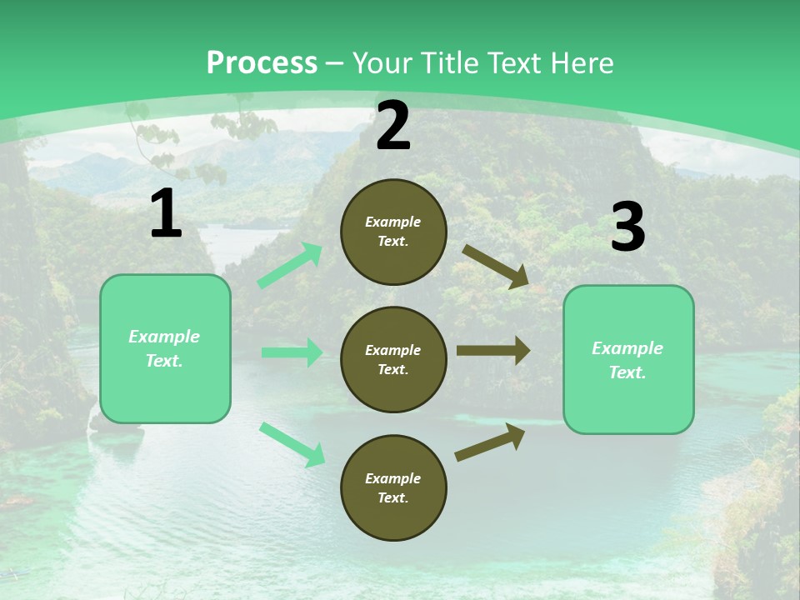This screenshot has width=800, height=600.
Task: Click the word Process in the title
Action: tap(262, 63)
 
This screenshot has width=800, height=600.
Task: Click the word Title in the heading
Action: tap(449, 63)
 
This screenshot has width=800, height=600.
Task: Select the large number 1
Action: tap(166, 214)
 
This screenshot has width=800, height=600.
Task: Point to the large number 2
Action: tap(393, 126)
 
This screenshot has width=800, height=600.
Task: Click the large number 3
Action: tap(627, 227)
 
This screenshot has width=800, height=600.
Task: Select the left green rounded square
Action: tap(165, 348)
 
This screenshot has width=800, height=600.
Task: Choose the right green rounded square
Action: tap(628, 360)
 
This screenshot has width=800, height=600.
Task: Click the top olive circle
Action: tap(393, 232)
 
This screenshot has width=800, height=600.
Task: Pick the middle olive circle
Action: tap(393, 359)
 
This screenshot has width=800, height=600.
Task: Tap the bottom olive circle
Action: tap(393, 487)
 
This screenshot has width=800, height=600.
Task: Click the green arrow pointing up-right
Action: tap(290, 266)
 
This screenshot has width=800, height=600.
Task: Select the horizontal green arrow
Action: tap(292, 352)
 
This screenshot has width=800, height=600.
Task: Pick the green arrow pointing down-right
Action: tap(292, 444)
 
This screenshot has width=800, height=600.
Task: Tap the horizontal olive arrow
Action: tap(493, 351)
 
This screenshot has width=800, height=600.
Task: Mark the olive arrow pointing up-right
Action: tap(490, 442)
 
